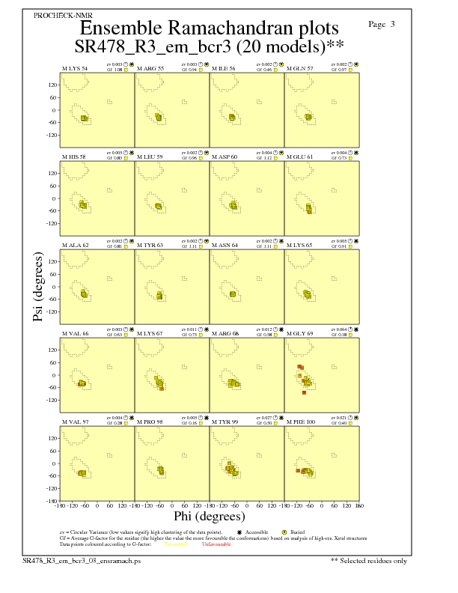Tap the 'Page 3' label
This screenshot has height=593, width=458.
(x=382, y=25)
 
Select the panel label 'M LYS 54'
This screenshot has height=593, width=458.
(x=75, y=69)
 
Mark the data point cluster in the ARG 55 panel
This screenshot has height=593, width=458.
(x=159, y=118)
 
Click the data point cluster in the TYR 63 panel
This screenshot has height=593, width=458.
(x=158, y=294)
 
